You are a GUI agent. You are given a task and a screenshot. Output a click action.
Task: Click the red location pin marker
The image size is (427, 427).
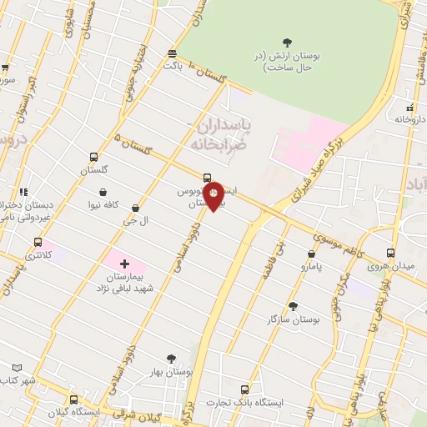coord(213,196)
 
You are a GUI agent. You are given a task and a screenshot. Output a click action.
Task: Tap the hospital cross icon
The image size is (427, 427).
coord(124,264)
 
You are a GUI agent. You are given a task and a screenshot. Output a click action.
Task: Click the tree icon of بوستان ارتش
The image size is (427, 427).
coord(288,43)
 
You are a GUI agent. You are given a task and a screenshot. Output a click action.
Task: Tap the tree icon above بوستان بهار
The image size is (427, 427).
coord(172,359)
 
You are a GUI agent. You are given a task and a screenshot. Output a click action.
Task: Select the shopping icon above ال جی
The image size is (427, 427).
coord(135,208)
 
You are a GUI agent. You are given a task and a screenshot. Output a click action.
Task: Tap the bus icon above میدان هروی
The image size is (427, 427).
coord(391,253)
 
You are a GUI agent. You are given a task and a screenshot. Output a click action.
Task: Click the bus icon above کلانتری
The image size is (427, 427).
coord(37,242)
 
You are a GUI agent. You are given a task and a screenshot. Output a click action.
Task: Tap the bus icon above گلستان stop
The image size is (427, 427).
coord(94,156)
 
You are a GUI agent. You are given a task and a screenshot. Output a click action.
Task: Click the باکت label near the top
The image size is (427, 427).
coord(173,64)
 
